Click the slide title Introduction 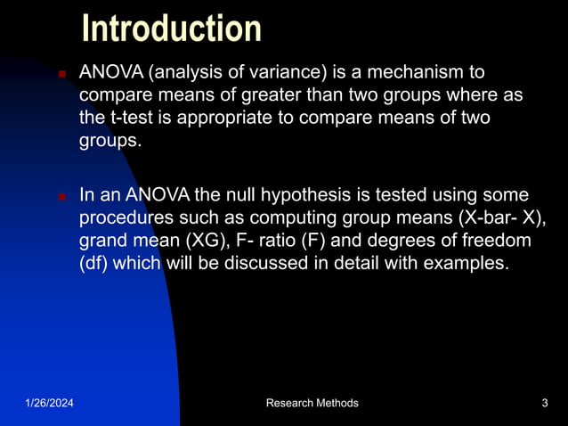click(172, 29)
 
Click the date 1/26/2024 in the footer click(49, 404)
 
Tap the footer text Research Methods click(312, 404)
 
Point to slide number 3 click(544, 404)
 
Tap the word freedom click(492, 241)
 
